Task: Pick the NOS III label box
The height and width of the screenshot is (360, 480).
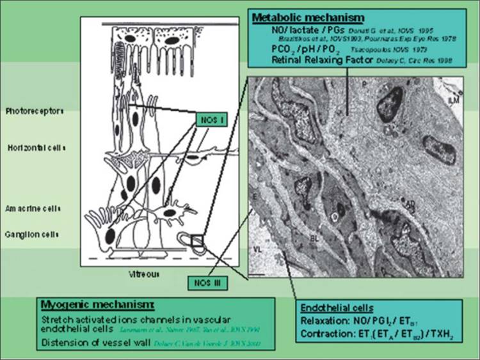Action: [x=209, y=281]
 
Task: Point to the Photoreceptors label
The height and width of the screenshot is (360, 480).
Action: [x=42, y=110]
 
